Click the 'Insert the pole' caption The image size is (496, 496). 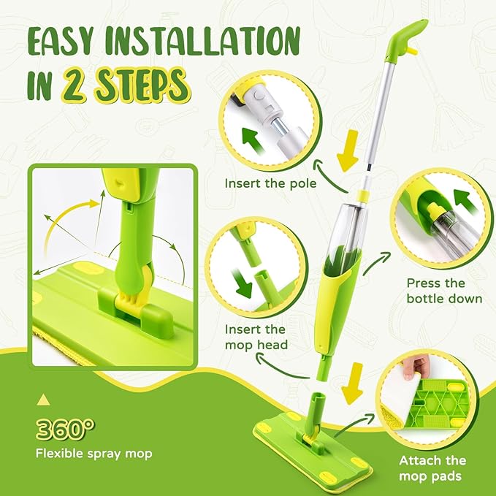(270, 183)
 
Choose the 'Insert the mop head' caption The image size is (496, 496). (256, 337)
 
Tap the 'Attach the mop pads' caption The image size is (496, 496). (432, 468)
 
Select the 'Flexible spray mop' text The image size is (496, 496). (94, 454)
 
